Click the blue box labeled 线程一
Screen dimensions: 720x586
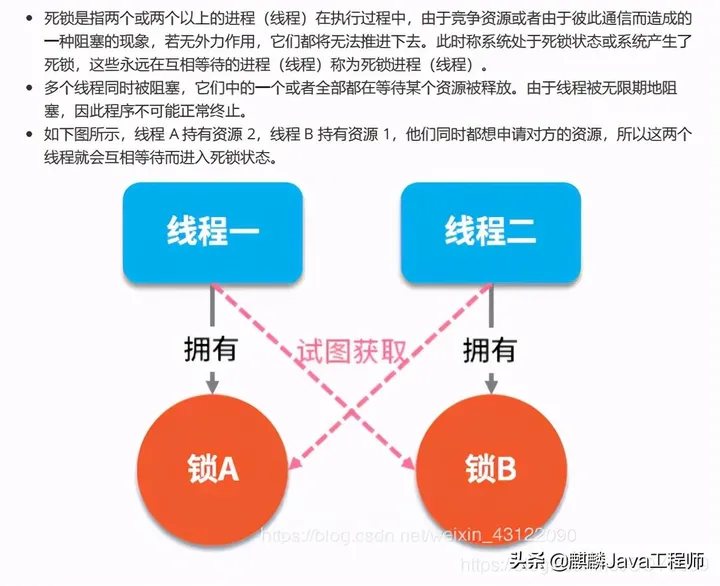click(212, 234)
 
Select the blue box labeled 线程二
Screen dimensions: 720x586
click(490, 234)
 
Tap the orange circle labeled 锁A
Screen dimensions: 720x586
click(212, 467)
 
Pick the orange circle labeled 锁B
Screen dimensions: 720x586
click(490, 467)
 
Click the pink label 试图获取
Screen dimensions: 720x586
click(352, 352)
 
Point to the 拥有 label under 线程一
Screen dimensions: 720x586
click(211, 349)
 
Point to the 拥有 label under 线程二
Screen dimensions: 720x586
click(490, 349)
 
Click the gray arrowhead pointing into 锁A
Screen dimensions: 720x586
click(212, 385)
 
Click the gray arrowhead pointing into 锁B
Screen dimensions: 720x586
click(490, 385)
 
